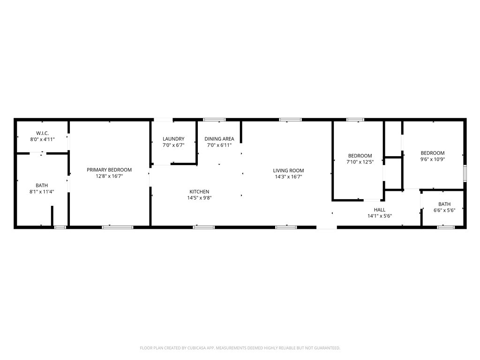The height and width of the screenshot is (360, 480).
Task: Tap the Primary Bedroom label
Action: (109, 170)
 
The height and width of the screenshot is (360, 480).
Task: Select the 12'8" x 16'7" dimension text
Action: (109, 176)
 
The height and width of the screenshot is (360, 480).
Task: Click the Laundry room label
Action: (173, 139)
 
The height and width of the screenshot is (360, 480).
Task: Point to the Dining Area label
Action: (219, 139)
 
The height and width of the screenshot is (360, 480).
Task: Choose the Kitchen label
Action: (199, 192)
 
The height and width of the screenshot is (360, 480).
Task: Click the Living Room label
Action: (289, 171)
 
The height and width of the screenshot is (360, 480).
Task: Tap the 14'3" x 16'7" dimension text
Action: (289, 177)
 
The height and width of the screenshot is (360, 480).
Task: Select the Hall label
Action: (380, 210)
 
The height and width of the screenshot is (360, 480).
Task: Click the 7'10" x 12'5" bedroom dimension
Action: (360, 162)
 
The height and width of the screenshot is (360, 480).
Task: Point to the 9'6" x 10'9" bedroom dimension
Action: (432, 159)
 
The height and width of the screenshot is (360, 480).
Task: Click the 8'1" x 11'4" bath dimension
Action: (42, 192)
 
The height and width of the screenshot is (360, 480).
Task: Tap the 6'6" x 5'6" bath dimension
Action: (444, 210)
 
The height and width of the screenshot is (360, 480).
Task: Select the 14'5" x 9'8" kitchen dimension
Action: (199, 198)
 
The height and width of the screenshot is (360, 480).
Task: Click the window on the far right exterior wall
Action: (465, 173)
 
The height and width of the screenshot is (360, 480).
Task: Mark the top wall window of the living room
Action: (290, 120)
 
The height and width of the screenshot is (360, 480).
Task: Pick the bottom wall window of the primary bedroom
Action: (118, 227)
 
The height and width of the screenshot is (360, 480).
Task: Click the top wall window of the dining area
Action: (214, 120)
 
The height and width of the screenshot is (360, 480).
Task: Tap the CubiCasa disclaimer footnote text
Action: (240, 348)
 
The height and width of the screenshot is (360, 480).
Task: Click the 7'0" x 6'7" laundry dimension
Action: (173, 145)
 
